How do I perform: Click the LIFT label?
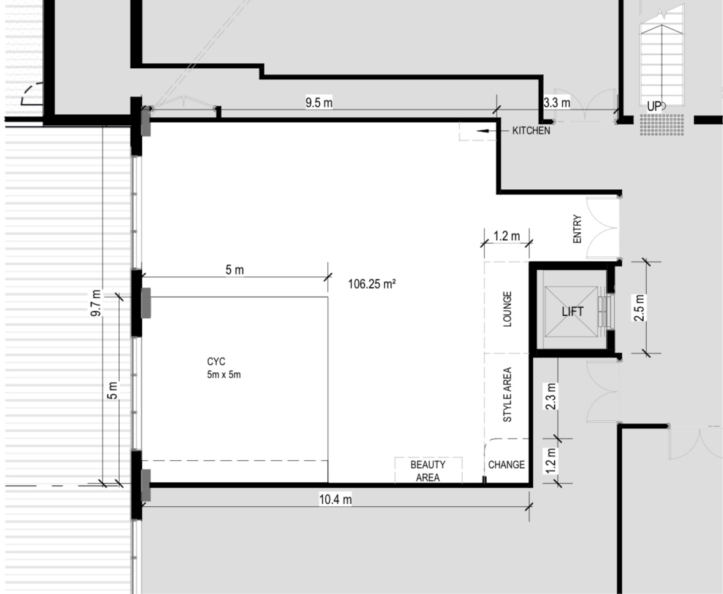click(572, 311)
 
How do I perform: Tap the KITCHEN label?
click(531, 131)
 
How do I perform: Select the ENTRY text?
click(578, 229)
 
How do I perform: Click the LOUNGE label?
click(507, 309)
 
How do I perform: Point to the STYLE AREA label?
click(507, 394)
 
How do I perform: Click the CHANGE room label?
click(506, 464)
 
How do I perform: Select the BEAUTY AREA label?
click(428, 471)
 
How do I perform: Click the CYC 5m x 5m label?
click(223, 368)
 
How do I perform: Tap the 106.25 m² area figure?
click(372, 283)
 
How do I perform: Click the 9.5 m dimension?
click(319, 103)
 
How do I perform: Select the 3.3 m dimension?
click(557, 103)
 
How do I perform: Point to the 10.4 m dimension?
click(335, 499)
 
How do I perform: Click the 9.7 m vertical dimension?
click(96, 303)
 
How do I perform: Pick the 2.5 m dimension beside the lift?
click(639, 307)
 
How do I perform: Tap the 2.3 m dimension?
click(551, 396)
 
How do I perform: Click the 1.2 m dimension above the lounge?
click(506, 236)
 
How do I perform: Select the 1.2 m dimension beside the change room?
click(551, 461)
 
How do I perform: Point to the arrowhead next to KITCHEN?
click(482, 131)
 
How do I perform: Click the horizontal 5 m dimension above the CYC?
click(234, 270)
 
